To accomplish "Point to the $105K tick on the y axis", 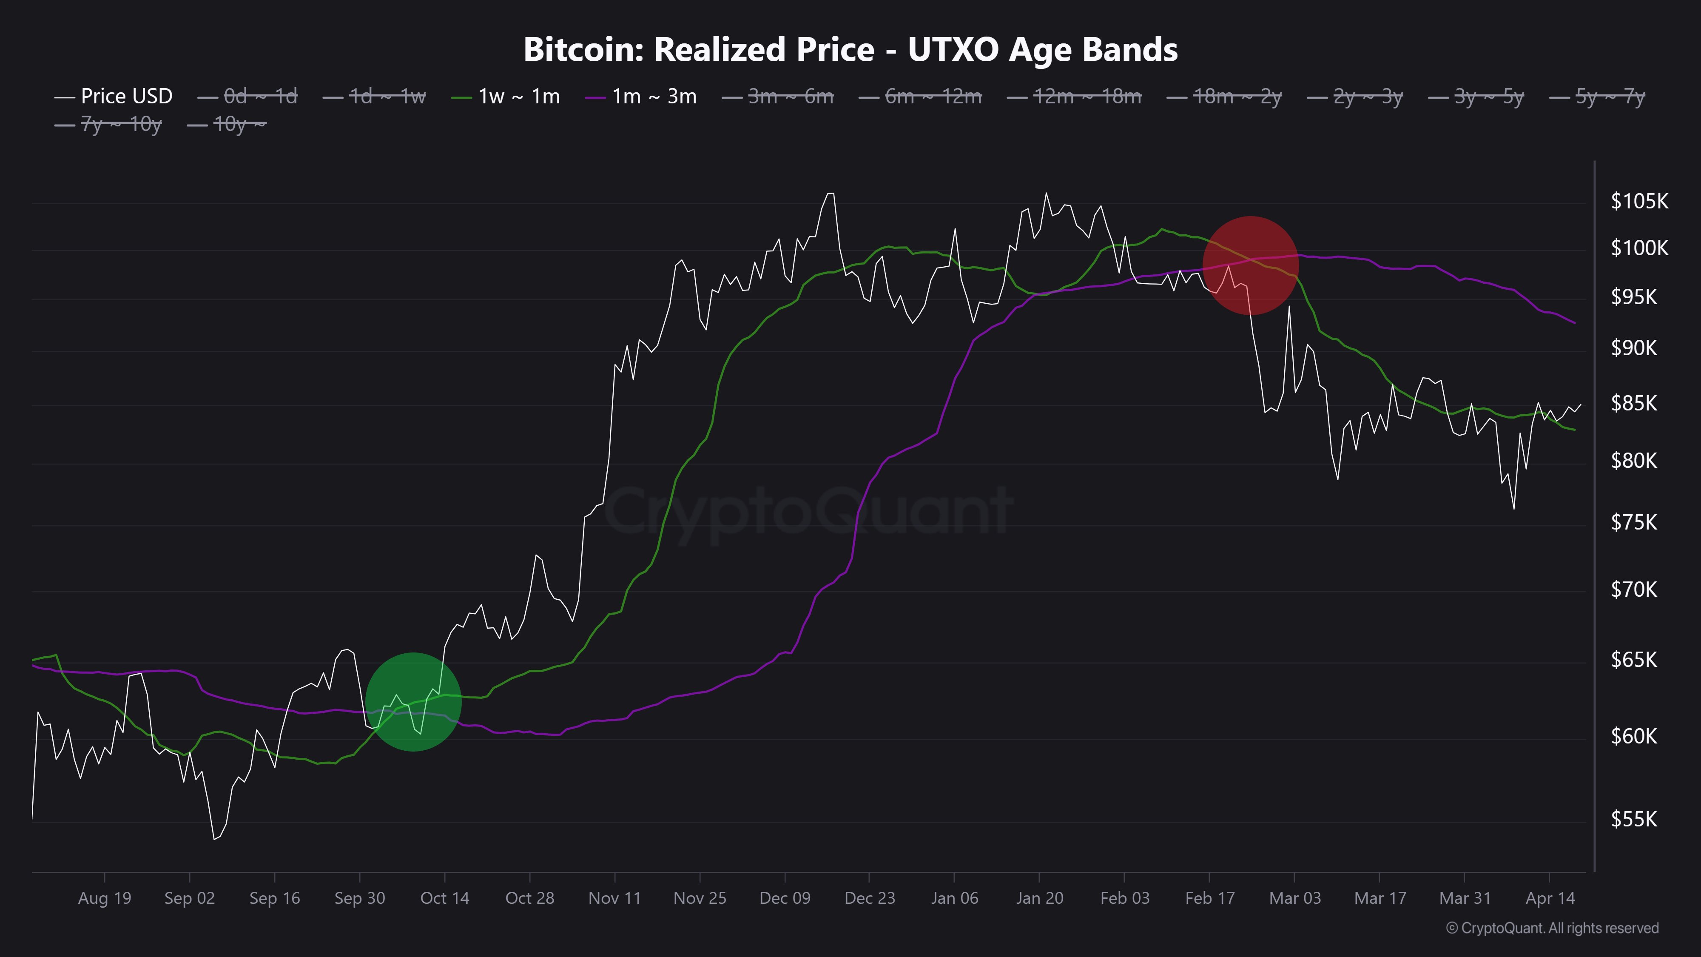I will pos(1639,201).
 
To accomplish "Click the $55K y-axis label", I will pos(1634,819).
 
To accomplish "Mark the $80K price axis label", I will pos(1634,460).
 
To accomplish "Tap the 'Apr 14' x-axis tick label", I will pos(1550,898).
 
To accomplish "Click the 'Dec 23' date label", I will pos(870,898).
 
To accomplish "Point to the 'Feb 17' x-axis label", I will pos(1209,898).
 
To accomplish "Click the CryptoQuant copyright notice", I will pos(1552,928).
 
